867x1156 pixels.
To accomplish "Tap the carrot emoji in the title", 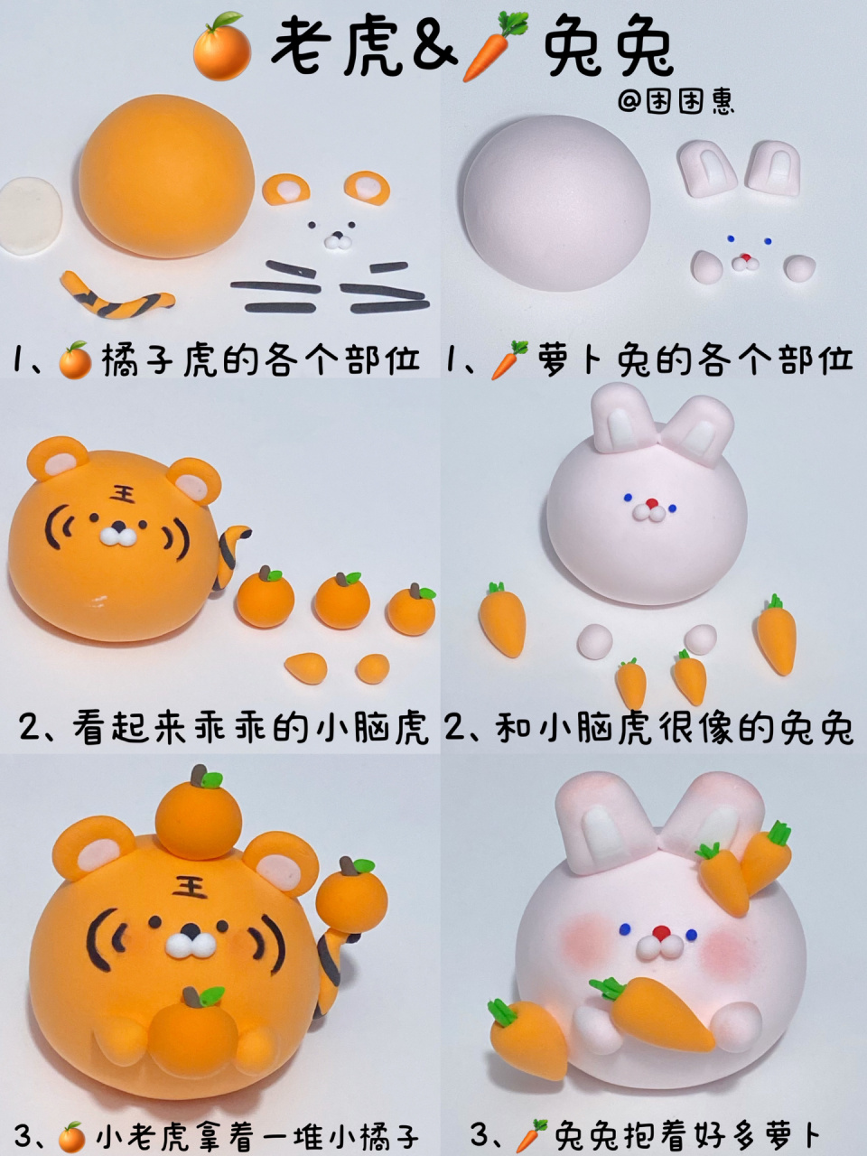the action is pyautogui.click(x=494, y=47).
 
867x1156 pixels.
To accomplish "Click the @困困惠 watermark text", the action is pyautogui.click(x=676, y=100).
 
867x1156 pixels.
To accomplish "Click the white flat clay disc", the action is pyautogui.click(x=31, y=217).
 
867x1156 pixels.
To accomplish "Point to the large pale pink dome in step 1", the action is pyautogui.click(x=556, y=203).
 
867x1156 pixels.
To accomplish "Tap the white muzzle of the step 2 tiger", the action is pyautogui.click(x=118, y=536).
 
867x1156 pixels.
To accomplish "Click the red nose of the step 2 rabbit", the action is pyautogui.click(x=652, y=503).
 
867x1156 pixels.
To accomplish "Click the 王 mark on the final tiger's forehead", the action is pyautogui.click(x=190, y=886).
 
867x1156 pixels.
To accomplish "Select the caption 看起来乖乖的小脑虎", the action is pyautogui.click(x=250, y=730).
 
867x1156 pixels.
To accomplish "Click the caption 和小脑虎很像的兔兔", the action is pyautogui.click(x=675, y=730).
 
